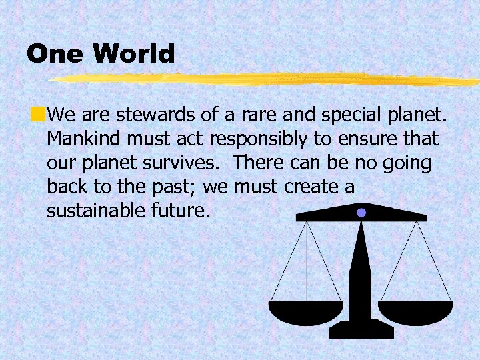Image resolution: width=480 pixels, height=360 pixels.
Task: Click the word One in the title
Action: (x=55, y=54)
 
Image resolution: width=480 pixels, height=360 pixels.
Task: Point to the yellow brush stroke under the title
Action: (x=267, y=79)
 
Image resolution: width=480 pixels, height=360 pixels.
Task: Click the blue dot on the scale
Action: (x=361, y=213)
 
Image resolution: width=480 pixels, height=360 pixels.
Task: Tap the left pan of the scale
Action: (x=306, y=311)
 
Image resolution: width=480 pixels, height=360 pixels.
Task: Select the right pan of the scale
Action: (x=415, y=311)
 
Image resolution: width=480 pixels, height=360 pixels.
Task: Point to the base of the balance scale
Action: (x=361, y=330)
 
